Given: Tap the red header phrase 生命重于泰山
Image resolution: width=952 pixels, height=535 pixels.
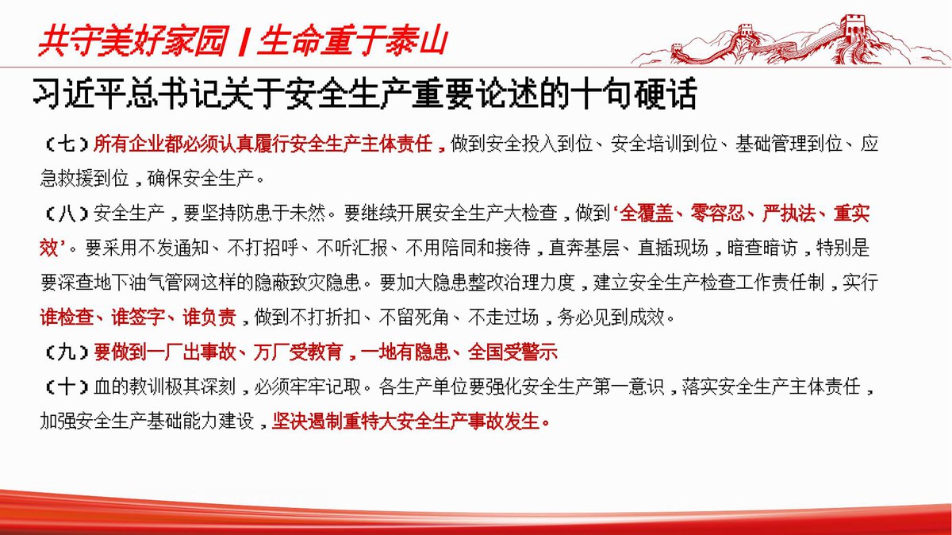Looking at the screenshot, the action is point(353,41).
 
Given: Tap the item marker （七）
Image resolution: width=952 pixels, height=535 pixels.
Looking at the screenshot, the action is point(67,144).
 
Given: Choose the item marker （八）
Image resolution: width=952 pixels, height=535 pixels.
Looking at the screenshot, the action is point(67,214).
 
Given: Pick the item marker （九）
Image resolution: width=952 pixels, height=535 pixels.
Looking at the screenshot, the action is point(67,352).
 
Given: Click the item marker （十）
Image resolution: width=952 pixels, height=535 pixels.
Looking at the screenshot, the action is point(67,387).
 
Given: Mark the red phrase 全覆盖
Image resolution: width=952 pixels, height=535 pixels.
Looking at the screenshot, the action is point(647,214).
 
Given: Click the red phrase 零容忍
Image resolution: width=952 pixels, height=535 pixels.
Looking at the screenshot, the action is point(718,214).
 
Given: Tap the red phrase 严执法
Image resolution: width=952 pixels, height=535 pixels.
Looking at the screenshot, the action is point(789,214).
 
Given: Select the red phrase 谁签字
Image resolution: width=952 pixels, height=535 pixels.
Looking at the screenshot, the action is point(138,318).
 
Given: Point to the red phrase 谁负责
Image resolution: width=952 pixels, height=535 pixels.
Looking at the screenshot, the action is point(209,318).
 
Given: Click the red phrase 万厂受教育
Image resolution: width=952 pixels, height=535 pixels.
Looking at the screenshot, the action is point(298,352).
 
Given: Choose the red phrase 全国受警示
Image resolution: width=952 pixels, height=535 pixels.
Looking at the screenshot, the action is point(512,352).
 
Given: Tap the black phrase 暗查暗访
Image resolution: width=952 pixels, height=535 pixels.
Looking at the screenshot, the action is point(762,248).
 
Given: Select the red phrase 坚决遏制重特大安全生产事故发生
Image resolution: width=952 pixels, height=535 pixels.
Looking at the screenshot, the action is point(406,421).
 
